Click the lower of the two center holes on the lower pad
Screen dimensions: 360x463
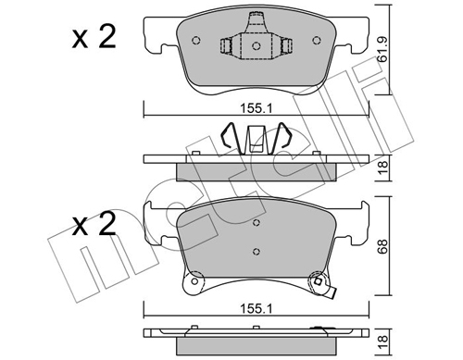click(x=255, y=251)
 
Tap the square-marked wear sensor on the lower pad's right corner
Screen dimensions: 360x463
click(x=319, y=282)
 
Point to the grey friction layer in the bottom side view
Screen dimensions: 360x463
click(x=255, y=339)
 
